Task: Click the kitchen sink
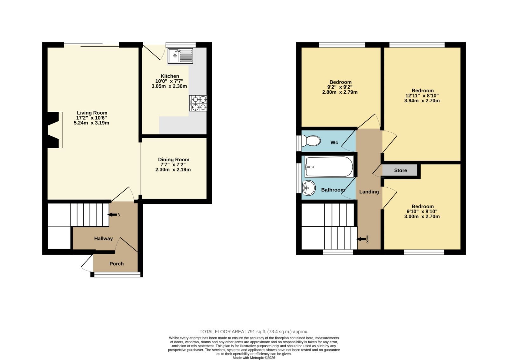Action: point(180,56)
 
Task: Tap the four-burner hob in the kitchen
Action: point(198,103)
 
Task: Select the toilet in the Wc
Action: point(311,141)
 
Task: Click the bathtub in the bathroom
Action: point(329,167)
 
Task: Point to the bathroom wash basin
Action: point(309,188)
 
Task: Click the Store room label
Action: point(400,170)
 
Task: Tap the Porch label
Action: point(117,264)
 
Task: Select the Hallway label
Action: point(104,238)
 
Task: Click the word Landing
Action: point(369,192)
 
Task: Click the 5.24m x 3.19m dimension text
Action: point(91,123)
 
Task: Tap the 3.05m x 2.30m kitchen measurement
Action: point(169,86)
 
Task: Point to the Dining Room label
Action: point(173,160)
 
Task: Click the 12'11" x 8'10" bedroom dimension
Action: point(422,96)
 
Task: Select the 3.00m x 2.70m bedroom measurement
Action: point(422,217)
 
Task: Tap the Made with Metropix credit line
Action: point(254,358)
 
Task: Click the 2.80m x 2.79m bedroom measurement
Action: point(340,92)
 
